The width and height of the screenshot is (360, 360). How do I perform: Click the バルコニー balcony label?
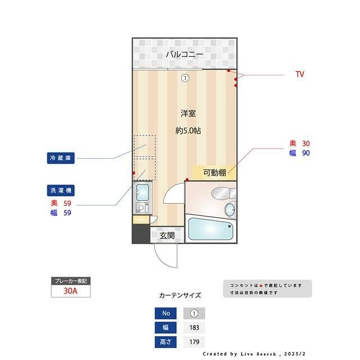[184, 55]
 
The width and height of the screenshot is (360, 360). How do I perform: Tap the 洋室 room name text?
[188, 113]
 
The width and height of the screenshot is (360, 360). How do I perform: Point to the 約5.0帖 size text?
[188, 130]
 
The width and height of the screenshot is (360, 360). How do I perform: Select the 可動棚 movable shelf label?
[214, 173]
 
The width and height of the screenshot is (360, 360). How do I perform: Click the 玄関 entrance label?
[167, 236]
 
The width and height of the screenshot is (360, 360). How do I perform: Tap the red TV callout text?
[300, 74]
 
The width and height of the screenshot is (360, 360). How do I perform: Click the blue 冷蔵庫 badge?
[61, 158]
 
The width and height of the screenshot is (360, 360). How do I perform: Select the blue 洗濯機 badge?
[61, 190]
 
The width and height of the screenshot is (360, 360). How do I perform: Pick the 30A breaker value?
[71, 291]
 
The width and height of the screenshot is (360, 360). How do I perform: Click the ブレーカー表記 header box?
[71, 281]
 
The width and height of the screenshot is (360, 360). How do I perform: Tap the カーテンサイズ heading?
[180, 295]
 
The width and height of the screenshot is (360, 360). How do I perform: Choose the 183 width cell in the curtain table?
[194, 327]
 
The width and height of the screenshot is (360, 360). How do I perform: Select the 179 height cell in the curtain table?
[194, 341]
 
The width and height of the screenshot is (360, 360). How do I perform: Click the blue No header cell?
[165, 313]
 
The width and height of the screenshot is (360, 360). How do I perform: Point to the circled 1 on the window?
[185, 78]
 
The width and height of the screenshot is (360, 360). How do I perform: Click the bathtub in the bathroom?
[210, 229]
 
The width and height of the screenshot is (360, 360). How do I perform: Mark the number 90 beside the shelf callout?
[306, 152]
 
